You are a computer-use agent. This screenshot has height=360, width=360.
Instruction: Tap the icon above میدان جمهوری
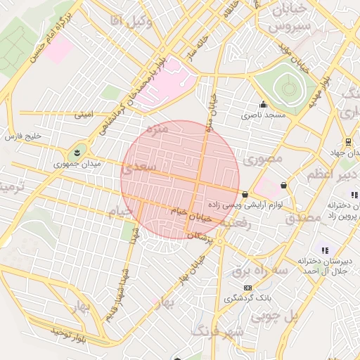76,152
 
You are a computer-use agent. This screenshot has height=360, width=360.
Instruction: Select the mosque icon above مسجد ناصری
263,103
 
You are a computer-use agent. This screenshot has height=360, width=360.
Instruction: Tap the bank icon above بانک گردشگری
247,288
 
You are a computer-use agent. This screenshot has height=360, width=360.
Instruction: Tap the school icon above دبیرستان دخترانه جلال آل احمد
324,250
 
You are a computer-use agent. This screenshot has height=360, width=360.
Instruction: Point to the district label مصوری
262,160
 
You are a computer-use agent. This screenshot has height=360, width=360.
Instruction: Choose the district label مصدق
303,219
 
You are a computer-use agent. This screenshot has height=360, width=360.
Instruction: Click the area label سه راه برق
259,270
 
